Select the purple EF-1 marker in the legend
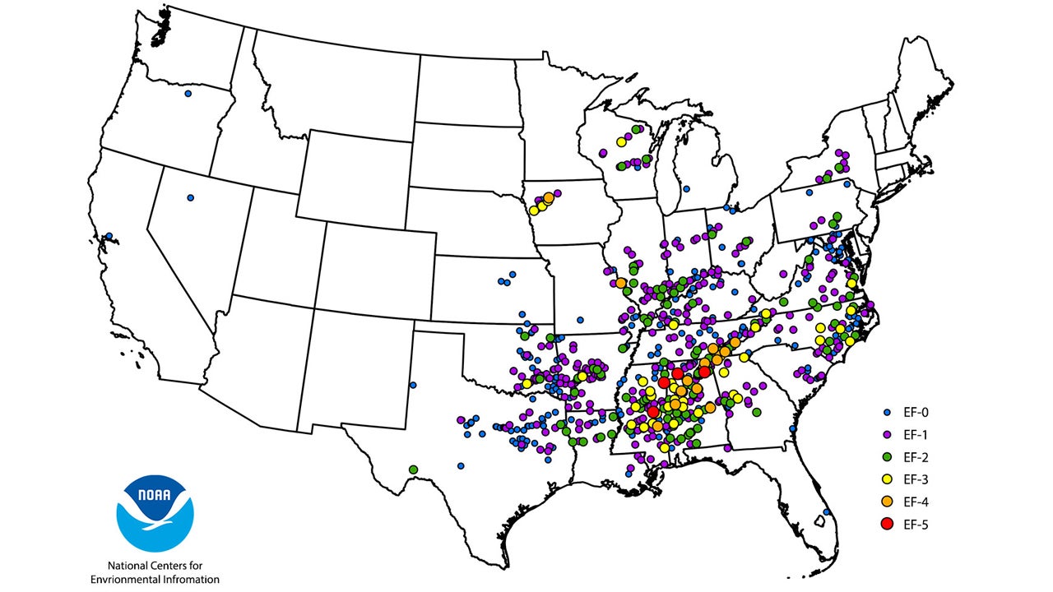click(x=886, y=434)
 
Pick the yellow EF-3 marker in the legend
click(x=886, y=479)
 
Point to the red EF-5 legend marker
click(x=886, y=524)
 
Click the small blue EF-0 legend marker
click(x=886, y=412)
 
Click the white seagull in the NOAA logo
click(x=156, y=517)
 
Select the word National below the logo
click(x=131, y=566)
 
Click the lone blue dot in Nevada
click(x=190, y=197)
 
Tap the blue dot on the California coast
click(x=109, y=237)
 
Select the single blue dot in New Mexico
click(x=413, y=384)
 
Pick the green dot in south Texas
click(x=413, y=469)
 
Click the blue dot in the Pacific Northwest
click(x=188, y=94)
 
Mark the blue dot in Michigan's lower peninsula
click(x=686, y=188)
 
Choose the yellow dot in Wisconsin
click(x=621, y=142)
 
